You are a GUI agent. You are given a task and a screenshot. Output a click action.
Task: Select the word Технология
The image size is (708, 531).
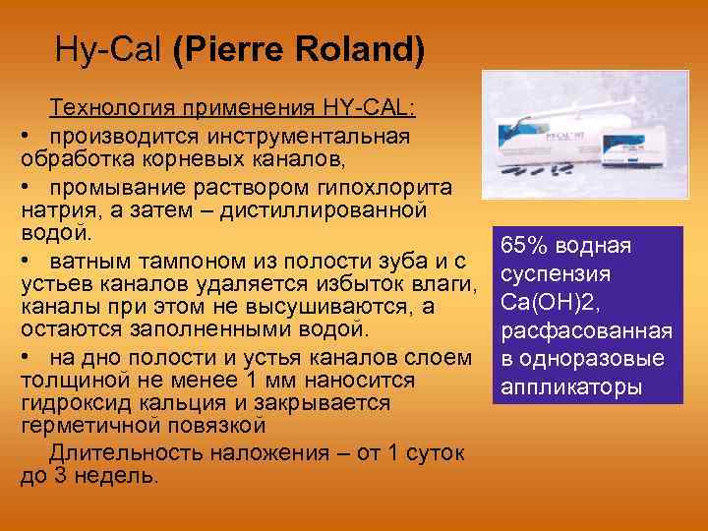[x=105, y=106]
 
